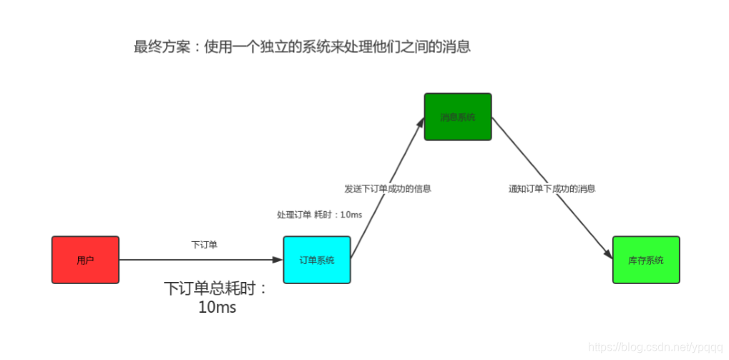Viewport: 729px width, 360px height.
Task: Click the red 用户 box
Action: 85,260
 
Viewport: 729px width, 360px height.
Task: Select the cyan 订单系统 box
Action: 317,260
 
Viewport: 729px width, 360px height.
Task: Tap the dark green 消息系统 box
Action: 458,117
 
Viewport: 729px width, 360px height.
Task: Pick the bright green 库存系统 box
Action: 646,260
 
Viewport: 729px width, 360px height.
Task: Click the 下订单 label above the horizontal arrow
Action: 204,245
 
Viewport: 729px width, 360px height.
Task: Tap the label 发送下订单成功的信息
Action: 387,189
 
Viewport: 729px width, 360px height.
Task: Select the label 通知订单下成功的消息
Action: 552,189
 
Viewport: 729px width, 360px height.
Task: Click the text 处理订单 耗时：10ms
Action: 319,215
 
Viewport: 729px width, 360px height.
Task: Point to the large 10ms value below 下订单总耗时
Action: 217,308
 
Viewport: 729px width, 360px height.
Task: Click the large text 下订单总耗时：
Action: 215,288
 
